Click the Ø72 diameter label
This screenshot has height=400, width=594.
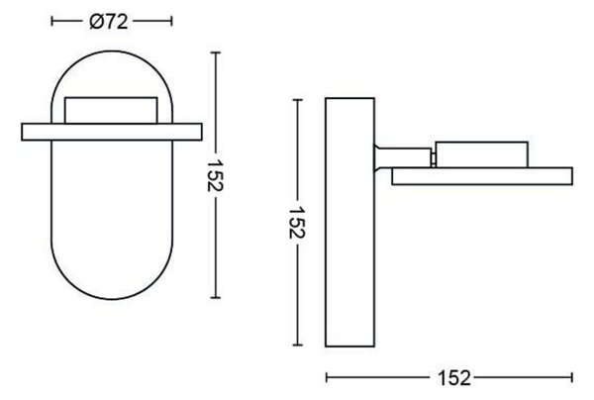(109, 22)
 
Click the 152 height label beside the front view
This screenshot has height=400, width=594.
(216, 175)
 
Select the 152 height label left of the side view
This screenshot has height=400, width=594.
(297, 223)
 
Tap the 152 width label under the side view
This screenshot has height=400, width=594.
(454, 378)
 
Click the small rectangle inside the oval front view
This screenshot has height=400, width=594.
(111, 110)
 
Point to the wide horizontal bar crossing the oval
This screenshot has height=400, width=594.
(112, 132)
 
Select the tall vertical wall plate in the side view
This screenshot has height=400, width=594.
(350, 223)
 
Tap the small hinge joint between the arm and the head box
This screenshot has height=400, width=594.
(434, 158)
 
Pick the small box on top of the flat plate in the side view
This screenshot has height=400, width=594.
(481, 154)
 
